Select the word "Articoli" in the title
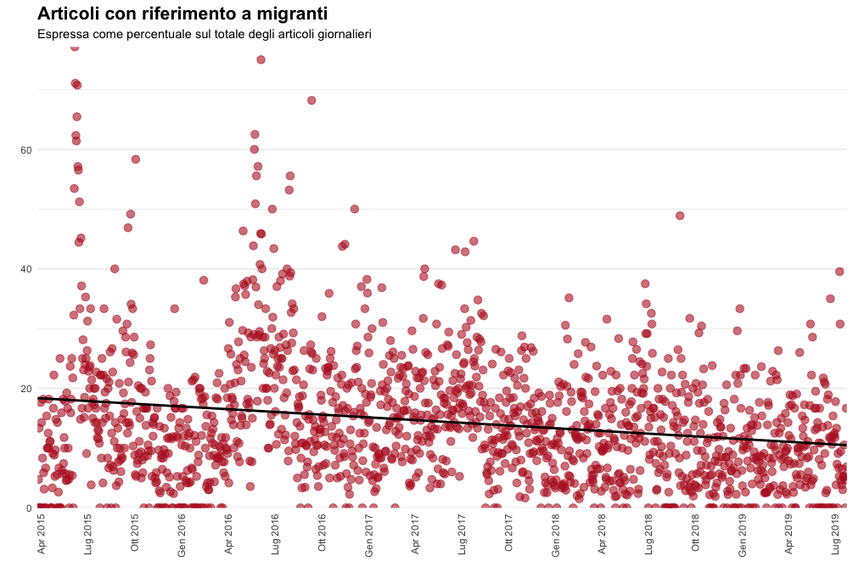click(68, 14)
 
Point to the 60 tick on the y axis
click(26, 150)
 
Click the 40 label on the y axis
click(26, 269)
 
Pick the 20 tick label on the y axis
click(26, 389)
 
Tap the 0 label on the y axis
click(29, 508)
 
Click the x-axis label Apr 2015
click(42, 536)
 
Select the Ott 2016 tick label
click(322, 536)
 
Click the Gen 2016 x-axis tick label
click(182, 536)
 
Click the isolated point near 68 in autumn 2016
click(311, 100)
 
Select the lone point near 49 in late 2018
click(680, 216)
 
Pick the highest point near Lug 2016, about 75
click(261, 59)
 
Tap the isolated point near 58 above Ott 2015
click(135, 160)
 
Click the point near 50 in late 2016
click(355, 209)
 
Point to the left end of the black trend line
click(38, 397)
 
